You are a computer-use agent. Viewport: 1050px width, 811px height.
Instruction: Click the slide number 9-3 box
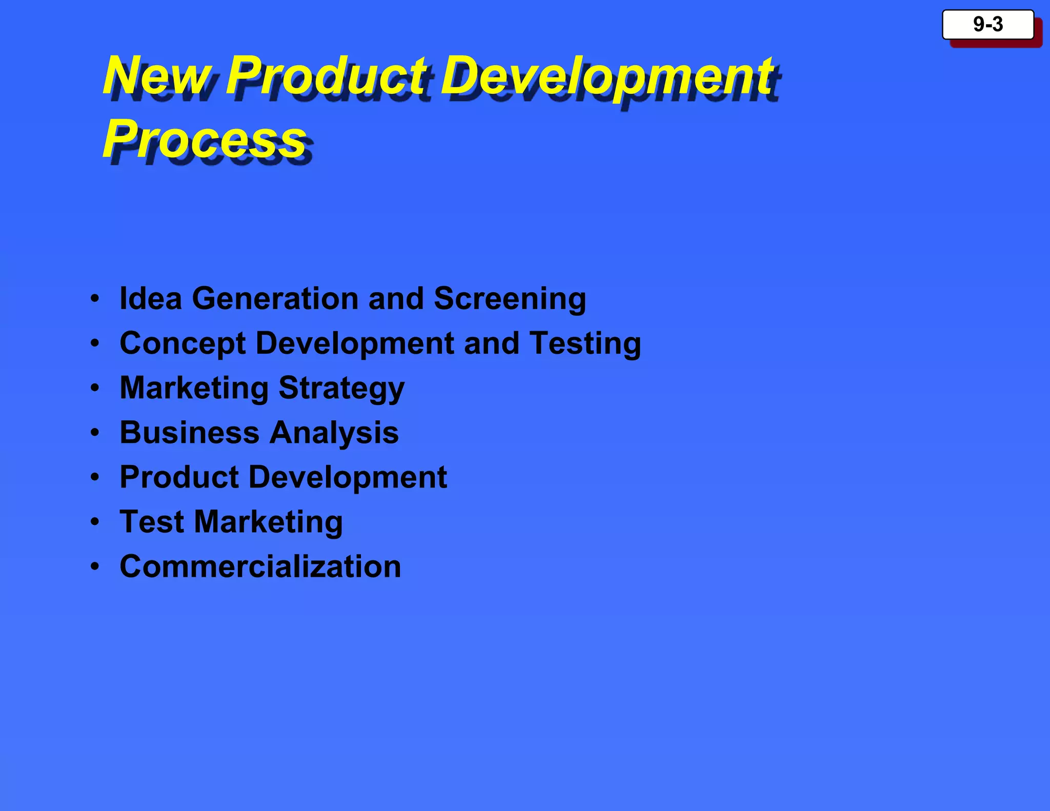pyautogui.click(x=987, y=25)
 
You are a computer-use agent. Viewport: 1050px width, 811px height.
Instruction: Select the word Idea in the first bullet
pyautogui.click(x=150, y=298)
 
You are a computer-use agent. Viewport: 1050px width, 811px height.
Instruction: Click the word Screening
pyautogui.click(x=510, y=298)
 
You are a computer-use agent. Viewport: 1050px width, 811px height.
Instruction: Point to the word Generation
pyautogui.click(x=275, y=298)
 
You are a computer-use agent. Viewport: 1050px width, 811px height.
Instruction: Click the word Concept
pyautogui.click(x=183, y=343)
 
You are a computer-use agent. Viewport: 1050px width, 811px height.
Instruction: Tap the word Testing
pyautogui.click(x=585, y=343)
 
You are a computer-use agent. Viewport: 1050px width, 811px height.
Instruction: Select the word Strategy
pyautogui.click(x=341, y=388)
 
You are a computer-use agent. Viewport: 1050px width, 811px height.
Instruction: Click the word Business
pyautogui.click(x=189, y=433)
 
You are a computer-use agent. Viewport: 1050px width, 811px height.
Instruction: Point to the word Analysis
pyautogui.click(x=334, y=433)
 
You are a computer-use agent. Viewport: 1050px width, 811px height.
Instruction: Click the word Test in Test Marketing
pyautogui.click(x=152, y=522)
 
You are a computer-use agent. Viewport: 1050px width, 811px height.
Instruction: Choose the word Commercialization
pyautogui.click(x=260, y=566)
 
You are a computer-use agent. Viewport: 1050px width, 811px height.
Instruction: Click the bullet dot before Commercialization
pyautogui.click(x=95, y=566)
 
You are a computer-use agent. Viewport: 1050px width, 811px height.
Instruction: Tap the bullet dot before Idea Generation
pyautogui.click(x=95, y=298)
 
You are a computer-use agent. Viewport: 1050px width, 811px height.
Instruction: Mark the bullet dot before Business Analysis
pyautogui.click(x=95, y=433)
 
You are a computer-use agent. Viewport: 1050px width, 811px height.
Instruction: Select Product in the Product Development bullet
pyautogui.click(x=179, y=477)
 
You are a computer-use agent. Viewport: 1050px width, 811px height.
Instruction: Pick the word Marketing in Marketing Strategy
pyautogui.click(x=194, y=388)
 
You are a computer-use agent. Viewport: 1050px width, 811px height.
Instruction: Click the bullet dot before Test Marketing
pyautogui.click(x=95, y=522)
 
